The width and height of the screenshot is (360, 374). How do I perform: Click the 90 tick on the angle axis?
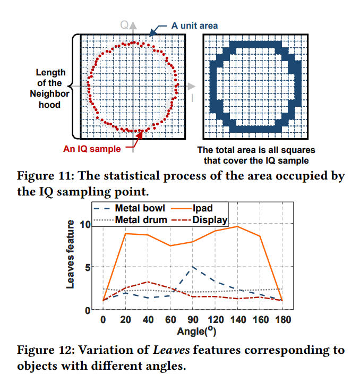pos(192,319)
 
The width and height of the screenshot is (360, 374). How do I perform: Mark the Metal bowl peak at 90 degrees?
pos(192,267)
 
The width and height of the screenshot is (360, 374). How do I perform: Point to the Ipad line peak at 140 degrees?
pos(237,227)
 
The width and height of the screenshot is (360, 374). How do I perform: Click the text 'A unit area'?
pos(194,25)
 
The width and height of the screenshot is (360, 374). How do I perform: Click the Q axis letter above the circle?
pos(124,24)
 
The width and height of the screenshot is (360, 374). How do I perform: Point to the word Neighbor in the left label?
pos(49,94)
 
